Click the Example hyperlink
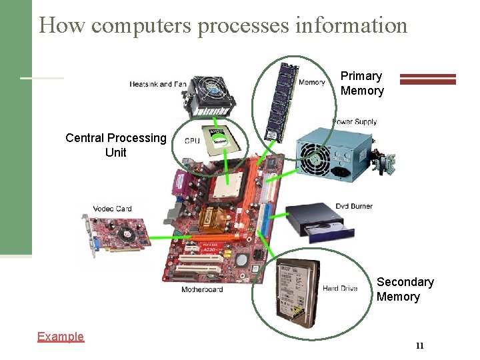point(61,337)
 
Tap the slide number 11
point(419,345)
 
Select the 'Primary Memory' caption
point(362,83)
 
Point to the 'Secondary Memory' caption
point(405,289)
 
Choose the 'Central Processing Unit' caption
point(115,145)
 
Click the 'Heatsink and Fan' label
point(158,84)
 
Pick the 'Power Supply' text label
point(355,122)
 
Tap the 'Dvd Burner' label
point(354,206)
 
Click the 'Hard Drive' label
point(340,289)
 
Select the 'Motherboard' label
point(202,290)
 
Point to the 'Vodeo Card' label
point(112,209)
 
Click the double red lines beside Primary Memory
point(427,79)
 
